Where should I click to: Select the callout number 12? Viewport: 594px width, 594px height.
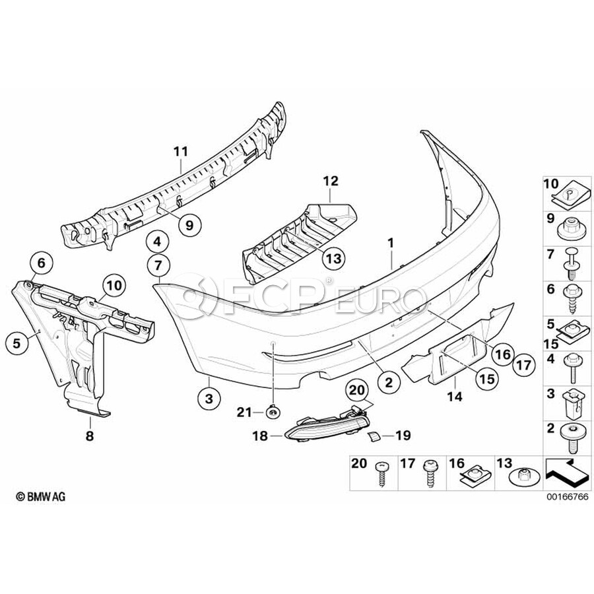330,180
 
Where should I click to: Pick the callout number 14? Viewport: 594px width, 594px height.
455,398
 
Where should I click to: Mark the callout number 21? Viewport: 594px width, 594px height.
246,412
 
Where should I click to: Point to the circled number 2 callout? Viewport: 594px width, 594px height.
389,381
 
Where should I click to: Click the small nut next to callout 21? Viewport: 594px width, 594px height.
272,412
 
